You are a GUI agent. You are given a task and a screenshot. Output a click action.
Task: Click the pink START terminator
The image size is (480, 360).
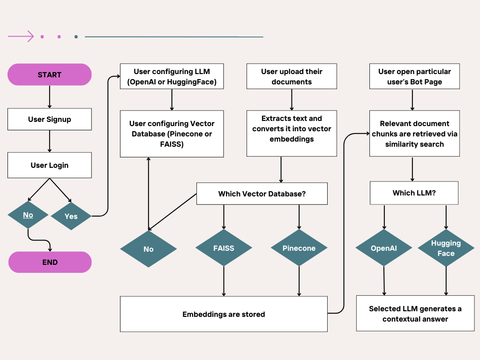point(49,75)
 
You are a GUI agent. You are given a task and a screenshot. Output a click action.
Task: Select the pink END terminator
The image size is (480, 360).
point(50,262)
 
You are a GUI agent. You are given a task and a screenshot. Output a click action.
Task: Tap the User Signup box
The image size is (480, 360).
point(49,119)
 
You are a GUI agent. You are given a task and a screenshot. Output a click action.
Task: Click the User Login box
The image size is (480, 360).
point(49,165)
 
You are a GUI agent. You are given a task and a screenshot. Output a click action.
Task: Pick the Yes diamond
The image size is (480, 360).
point(71,216)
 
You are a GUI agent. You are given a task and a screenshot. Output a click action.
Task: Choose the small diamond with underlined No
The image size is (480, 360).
point(28,215)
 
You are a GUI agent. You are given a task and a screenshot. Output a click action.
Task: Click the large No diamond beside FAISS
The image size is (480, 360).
point(148,249)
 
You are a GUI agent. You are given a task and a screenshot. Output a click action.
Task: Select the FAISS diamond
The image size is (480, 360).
point(224,248)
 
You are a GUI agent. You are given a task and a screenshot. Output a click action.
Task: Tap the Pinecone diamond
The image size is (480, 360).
point(299,248)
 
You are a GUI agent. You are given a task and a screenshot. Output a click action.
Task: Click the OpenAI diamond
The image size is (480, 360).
point(384,248)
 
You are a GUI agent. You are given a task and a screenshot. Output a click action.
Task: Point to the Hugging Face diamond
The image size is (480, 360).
point(446,248)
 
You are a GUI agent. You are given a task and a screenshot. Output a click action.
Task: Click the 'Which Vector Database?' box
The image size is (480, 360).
point(262,194)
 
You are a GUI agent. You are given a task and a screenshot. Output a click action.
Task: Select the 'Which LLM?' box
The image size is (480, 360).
point(414,193)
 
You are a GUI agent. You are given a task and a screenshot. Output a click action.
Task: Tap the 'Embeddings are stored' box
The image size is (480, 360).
point(224,314)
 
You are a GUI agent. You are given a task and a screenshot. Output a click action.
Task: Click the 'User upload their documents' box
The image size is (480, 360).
point(292,76)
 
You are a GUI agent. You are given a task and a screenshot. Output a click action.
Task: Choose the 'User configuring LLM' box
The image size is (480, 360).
point(172,76)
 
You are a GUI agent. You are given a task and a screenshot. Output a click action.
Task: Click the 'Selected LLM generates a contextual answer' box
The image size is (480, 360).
point(415,314)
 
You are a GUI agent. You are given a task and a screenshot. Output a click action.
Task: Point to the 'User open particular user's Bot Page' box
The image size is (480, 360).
point(414,76)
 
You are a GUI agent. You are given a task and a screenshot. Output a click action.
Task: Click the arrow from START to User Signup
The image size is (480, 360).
point(49,97)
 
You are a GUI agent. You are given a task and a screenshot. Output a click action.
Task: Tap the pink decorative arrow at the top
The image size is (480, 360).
point(21,37)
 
